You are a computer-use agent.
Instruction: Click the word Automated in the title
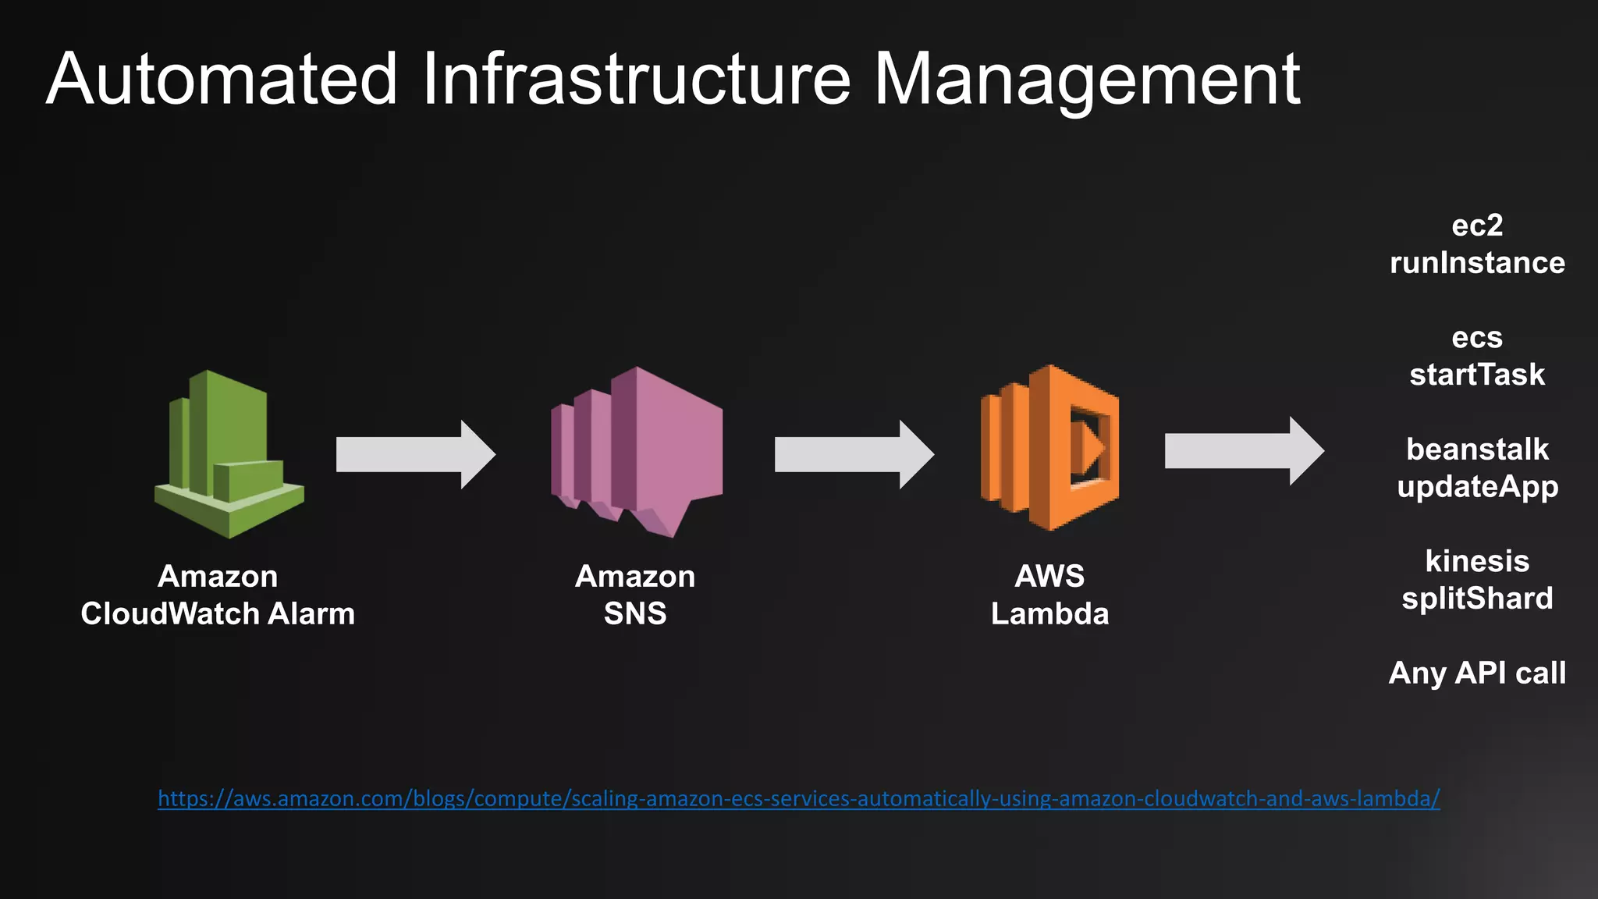pyautogui.click(x=222, y=80)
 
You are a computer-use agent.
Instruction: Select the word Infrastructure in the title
pyautogui.click(x=636, y=80)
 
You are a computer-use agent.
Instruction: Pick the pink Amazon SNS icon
pyautogui.click(x=637, y=452)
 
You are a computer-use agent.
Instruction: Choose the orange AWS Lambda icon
pyautogui.click(x=1050, y=448)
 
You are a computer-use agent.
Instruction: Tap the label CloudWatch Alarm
pyautogui.click(x=218, y=614)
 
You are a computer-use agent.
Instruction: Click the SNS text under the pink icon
pyautogui.click(x=635, y=614)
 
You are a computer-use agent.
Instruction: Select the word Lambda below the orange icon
pyautogui.click(x=1049, y=614)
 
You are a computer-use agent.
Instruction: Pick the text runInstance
pyautogui.click(x=1477, y=263)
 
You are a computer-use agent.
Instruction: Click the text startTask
pyautogui.click(x=1477, y=375)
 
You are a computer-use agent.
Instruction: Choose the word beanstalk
pyautogui.click(x=1477, y=449)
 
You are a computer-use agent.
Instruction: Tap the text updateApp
pyautogui.click(x=1477, y=487)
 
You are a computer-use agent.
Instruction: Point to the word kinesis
pyautogui.click(x=1477, y=561)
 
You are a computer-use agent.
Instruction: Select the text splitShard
pyautogui.click(x=1477, y=599)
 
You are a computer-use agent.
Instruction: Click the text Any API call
pyautogui.click(x=1477, y=673)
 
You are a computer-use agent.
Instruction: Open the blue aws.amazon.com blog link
pyautogui.click(x=798, y=798)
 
